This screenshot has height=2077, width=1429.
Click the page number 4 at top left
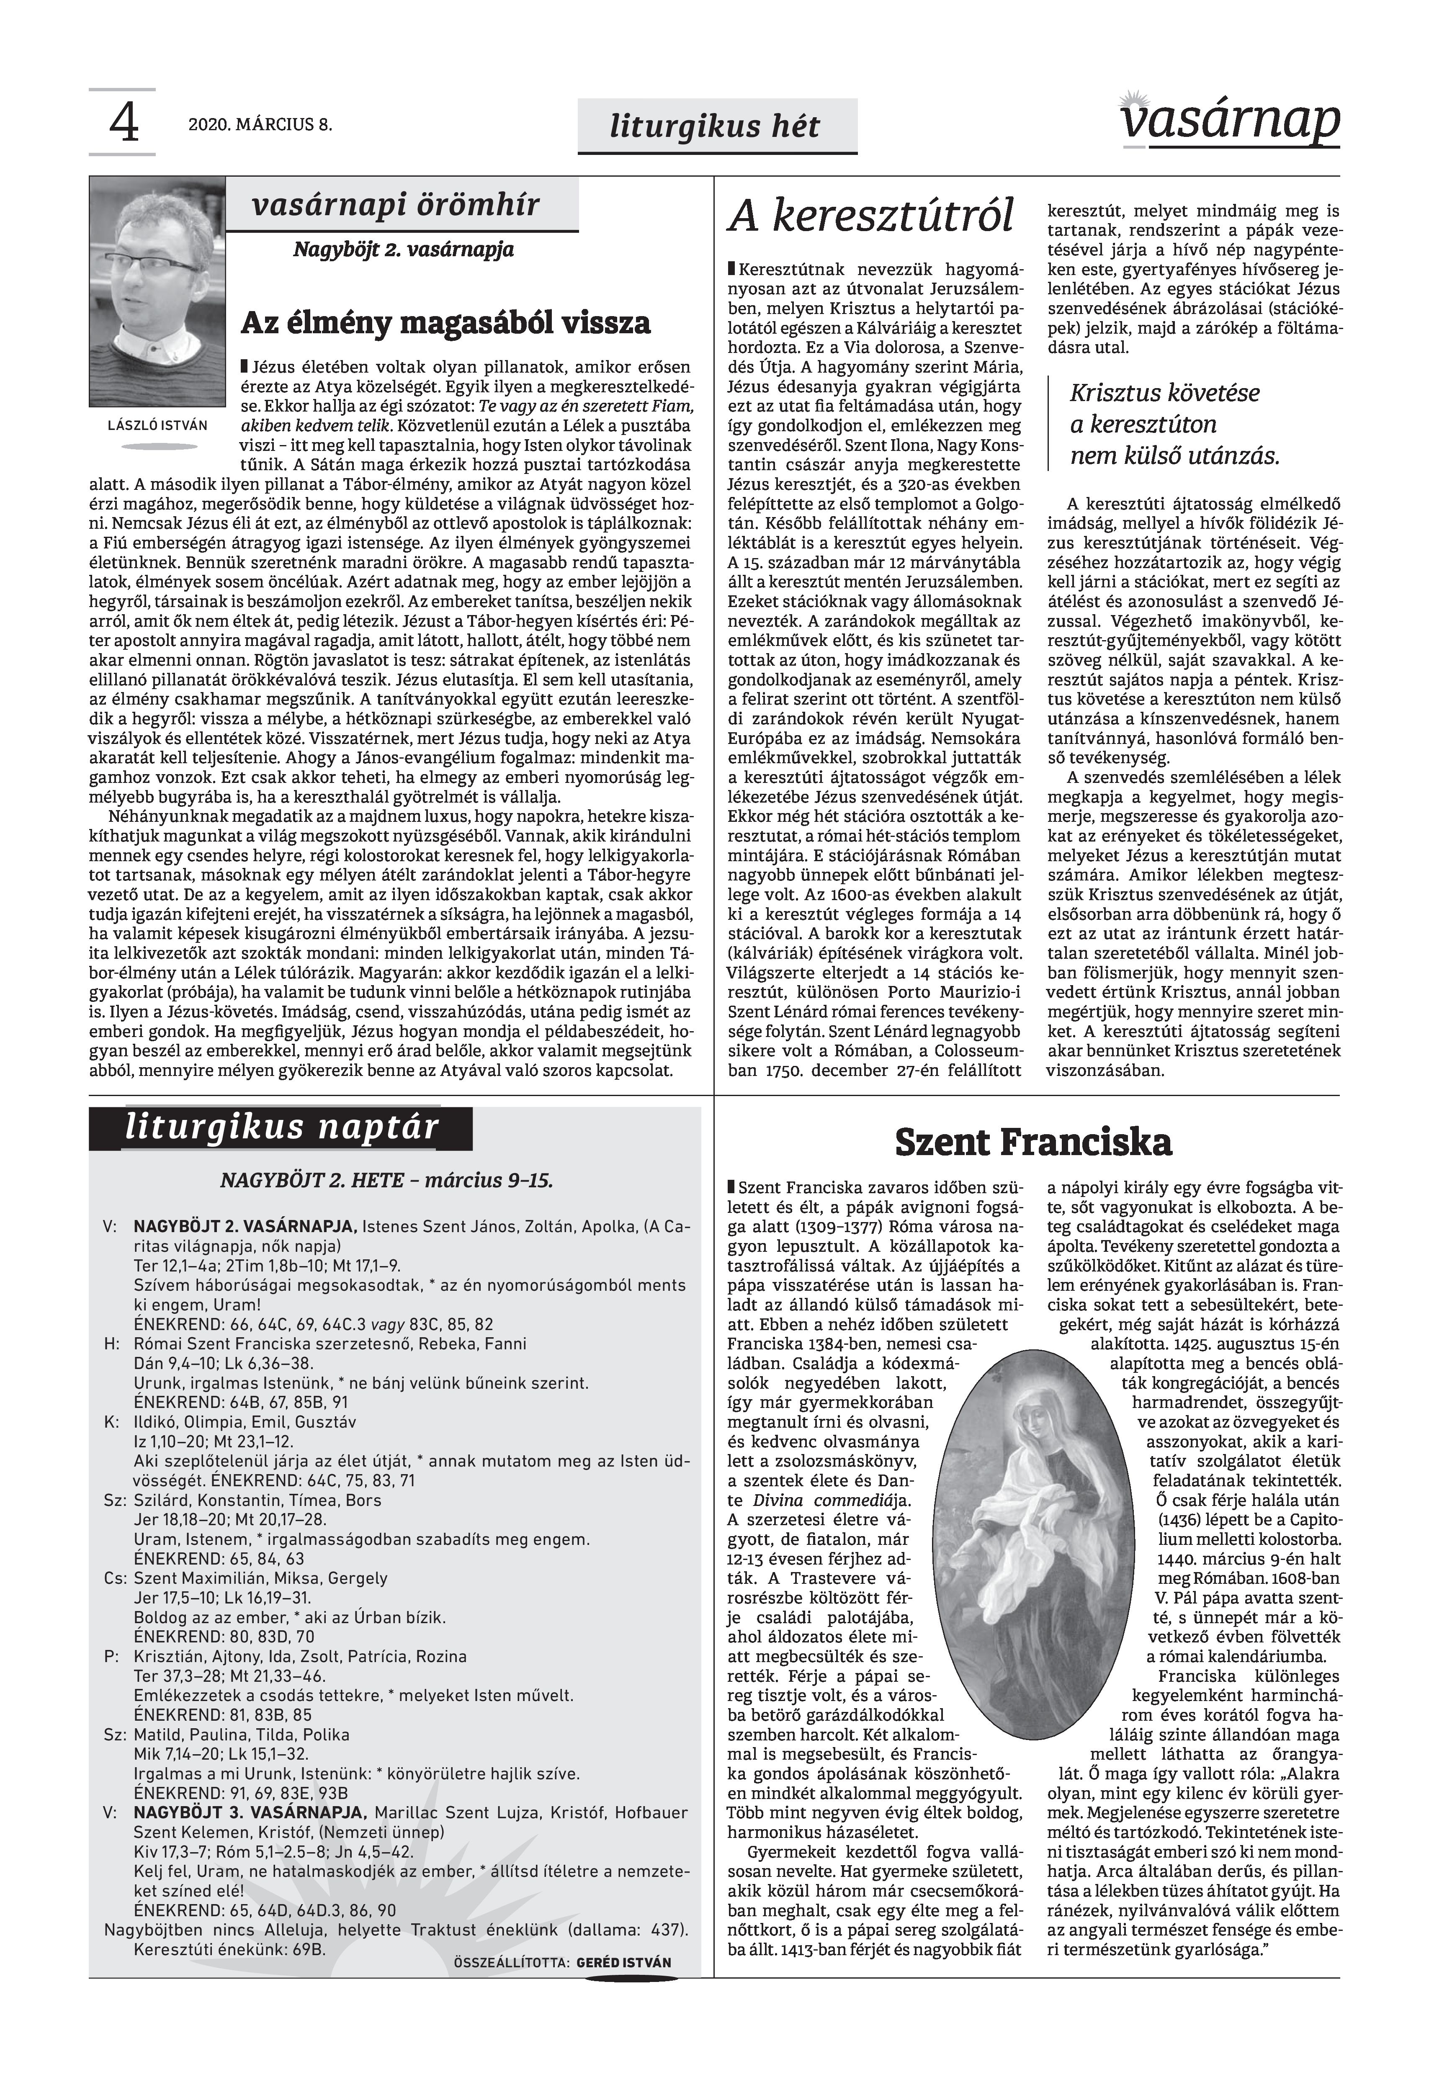click(124, 124)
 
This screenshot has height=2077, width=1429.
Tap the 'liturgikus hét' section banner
click(714, 126)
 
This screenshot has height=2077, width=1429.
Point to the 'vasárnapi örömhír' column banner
click(396, 205)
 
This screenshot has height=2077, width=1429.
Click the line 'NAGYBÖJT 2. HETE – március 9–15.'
click(387, 1180)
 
